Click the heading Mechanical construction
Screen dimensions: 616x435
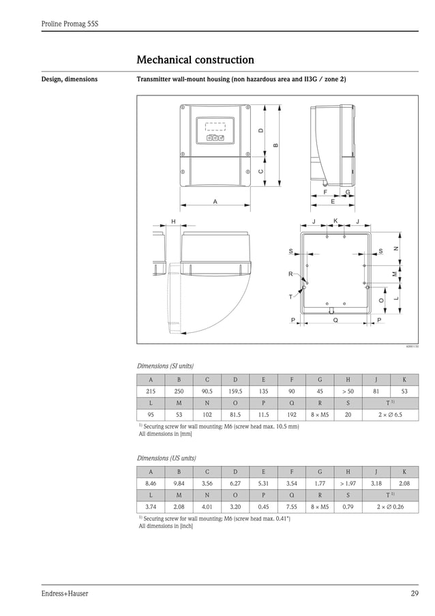click(x=195, y=60)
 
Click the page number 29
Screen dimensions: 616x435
click(x=415, y=593)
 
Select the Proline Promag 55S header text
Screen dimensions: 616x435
click(x=63, y=24)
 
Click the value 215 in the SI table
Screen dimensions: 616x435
click(x=151, y=392)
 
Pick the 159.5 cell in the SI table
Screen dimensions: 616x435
click(x=235, y=392)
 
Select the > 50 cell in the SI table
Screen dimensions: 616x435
click(x=348, y=392)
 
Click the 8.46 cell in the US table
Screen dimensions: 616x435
click(x=151, y=484)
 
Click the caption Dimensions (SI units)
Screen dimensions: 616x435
click(x=161, y=366)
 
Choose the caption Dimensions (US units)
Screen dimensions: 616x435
click(x=162, y=458)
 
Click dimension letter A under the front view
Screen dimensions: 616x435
click(x=215, y=201)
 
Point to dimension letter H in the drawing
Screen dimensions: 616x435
click(x=173, y=221)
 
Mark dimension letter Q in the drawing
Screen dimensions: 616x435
click(x=335, y=319)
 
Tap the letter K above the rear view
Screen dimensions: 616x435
click(x=335, y=220)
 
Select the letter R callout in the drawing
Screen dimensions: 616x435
click(x=290, y=274)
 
